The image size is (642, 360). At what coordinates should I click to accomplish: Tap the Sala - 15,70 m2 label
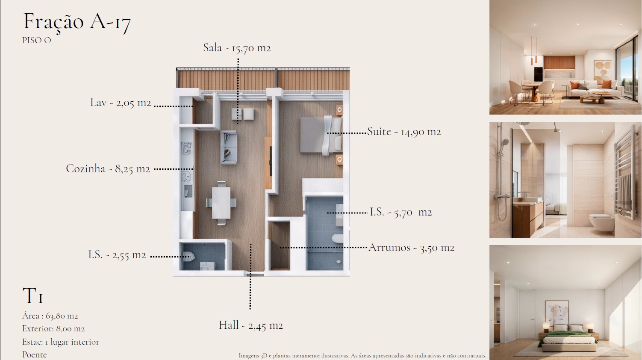[237, 48]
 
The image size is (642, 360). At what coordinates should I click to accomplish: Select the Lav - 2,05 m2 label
[121, 103]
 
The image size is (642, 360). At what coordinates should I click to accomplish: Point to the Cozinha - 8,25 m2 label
[108, 169]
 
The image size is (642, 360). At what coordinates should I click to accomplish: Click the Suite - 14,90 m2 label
[404, 132]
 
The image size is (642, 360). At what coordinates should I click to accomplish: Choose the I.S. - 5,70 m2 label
[401, 212]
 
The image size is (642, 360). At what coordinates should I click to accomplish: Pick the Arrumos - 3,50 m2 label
[411, 248]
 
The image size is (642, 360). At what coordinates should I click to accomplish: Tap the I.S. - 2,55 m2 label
[117, 255]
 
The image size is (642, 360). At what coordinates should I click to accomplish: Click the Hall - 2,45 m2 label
[251, 325]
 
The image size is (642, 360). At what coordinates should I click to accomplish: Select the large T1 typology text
[33, 296]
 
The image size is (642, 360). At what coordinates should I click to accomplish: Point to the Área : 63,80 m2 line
[50, 316]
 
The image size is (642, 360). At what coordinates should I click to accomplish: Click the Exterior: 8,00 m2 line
[53, 329]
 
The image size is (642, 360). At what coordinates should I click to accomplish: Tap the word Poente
[34, 355]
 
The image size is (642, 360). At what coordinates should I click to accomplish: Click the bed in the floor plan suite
[321, 135]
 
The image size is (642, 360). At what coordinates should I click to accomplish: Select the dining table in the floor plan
[221, 203]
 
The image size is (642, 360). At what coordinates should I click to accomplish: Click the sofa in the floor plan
[228, 148]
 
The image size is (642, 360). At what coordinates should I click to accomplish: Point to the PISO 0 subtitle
[37, 41]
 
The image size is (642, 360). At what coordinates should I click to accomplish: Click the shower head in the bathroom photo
[505, 142]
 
